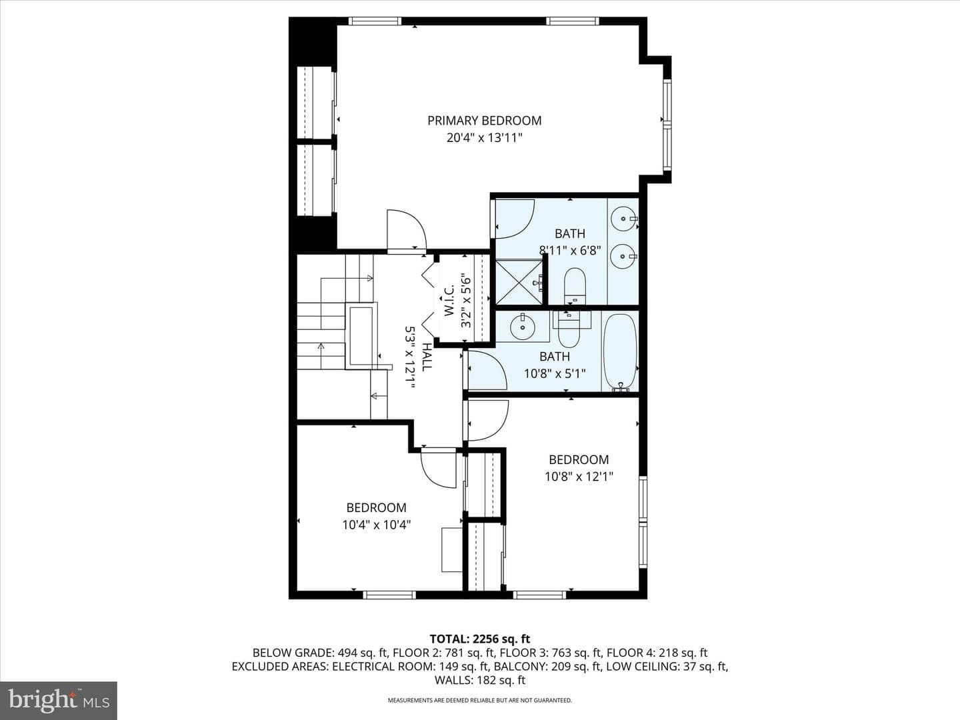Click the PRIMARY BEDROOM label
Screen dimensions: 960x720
coord(484,121)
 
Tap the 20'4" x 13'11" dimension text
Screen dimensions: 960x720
coord(484,138)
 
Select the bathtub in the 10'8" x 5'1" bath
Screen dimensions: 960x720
coord(620,351)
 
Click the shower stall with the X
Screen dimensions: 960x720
coord(519,282)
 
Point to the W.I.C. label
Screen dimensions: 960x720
coord(449,300)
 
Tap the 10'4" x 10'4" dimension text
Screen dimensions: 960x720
coord(377,525)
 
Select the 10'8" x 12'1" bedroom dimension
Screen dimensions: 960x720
coord(579,477)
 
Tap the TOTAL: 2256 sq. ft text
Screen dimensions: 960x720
coord(480,639)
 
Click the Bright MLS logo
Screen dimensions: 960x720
coord(59,700)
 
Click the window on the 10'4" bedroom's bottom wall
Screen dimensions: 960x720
coord(389,595)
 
